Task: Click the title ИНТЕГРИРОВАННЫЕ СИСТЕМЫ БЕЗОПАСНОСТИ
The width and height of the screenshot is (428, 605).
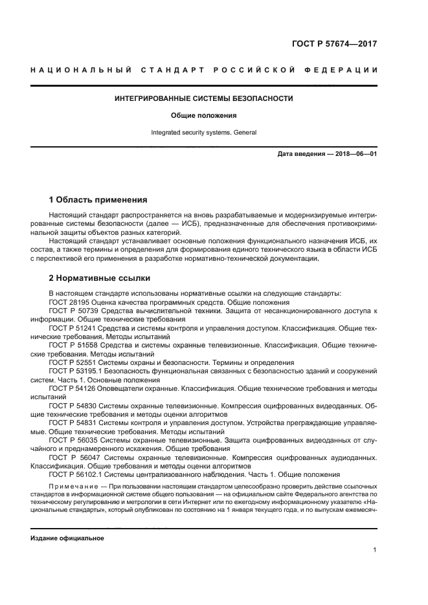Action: [x=204, y=99]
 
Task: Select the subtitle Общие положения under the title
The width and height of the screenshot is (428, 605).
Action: [x=204, y=116]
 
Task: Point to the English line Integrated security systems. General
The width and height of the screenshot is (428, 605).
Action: [x=204, y=132]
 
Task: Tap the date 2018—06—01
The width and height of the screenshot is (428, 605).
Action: [x=355, y=155]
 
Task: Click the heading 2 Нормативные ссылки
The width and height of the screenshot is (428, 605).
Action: [x=100, y=279]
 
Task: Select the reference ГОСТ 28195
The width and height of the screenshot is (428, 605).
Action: [x=71, y=303]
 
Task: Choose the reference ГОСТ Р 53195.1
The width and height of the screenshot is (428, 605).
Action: [x=77, y=371]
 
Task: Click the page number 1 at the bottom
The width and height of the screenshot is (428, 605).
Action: [x=376, y=551]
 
